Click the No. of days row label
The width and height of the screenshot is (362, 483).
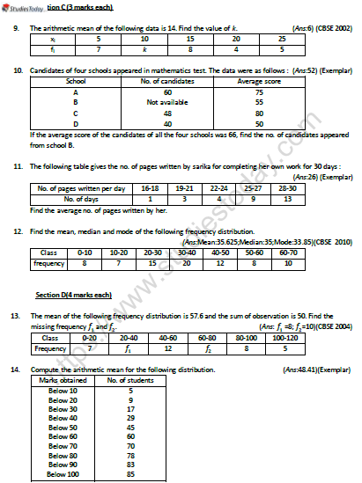click(79, 199)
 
